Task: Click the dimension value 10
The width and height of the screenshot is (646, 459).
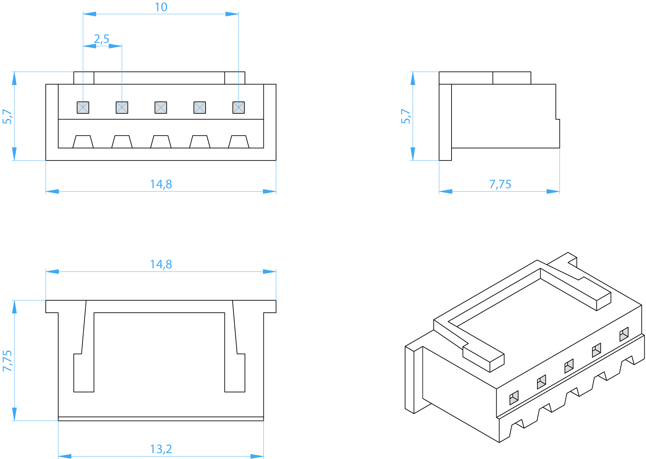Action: pyautogui.click(x=161, y=7)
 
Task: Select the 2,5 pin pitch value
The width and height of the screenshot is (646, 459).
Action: pyautogui.click(x=102, y=39)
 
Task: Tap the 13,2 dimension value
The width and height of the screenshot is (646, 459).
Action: pyautogui.click(x=161, y=449)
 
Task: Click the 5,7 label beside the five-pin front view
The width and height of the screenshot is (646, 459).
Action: pyautogui.click(x=7, y=116)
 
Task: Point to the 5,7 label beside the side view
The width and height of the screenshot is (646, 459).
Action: pyautogui.click(x=406, y=116)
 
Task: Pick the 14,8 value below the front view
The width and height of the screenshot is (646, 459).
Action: pyautogui.click(x=161, y=184)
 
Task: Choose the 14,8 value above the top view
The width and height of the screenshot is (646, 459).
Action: pyautogui.click(x=161, y=264)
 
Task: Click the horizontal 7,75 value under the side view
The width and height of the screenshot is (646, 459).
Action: pyautogui.click(x=500, y=184)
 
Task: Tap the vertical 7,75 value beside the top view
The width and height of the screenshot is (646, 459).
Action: pyautogui.click(x=7, y=361)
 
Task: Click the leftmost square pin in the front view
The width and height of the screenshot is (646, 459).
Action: pyautogui.click(x=83, y=108)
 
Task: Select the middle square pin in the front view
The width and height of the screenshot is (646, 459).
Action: pyautogui.click(x=161, y=108)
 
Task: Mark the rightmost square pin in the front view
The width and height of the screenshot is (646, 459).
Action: pyautogui.click(x=239, y=108)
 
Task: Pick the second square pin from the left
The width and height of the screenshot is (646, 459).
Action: pyautogui.click(x=122, y=108)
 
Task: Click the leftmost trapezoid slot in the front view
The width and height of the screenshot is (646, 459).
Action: pyautogui.click(x=83, y=142)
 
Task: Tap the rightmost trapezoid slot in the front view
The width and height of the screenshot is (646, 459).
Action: pyautogui.click(x=239, y=142)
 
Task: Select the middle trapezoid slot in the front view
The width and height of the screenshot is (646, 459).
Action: pyautogui.click(x=161, y=142)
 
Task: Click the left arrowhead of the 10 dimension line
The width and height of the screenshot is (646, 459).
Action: pyautogui.click(x=89, y=14)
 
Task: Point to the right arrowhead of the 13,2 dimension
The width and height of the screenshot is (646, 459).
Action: pyautogui.click(x=257, y=456)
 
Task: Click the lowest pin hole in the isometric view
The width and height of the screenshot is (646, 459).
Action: pyautogui.click(x=514, y=398)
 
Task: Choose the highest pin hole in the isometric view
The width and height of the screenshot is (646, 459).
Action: pyautogui.click(x=624, y=334)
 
